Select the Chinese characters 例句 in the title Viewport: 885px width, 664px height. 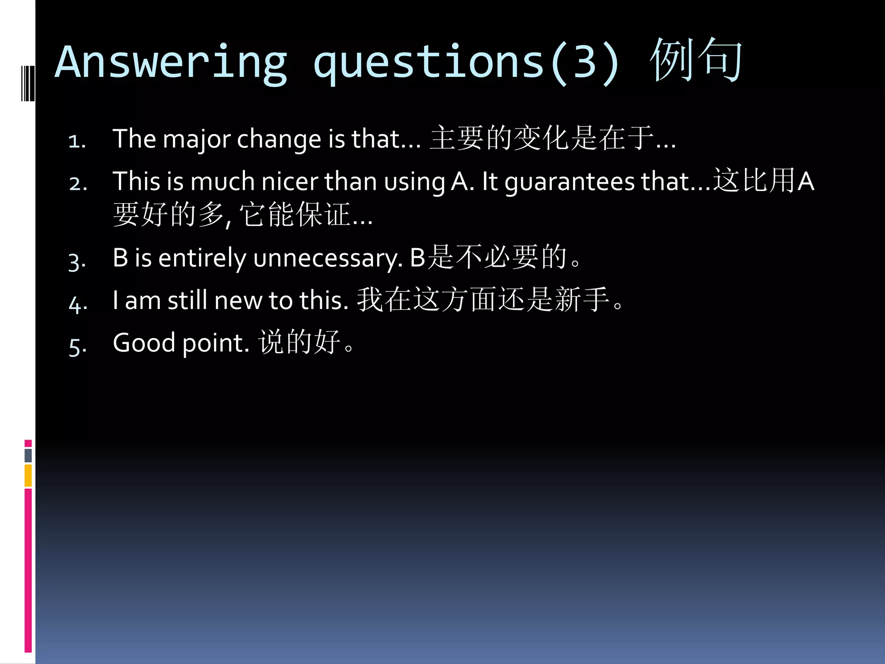coord(696,61)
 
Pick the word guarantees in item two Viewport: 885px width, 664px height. coord(570,182)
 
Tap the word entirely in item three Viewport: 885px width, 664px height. coord(202,258)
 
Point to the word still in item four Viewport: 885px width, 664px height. coord(188,300)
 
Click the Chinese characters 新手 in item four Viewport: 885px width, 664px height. coord(582,299)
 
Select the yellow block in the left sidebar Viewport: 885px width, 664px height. coord(28,476)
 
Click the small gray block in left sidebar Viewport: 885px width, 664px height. coord(28,455)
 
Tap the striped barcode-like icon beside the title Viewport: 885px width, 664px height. coord(28,83)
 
